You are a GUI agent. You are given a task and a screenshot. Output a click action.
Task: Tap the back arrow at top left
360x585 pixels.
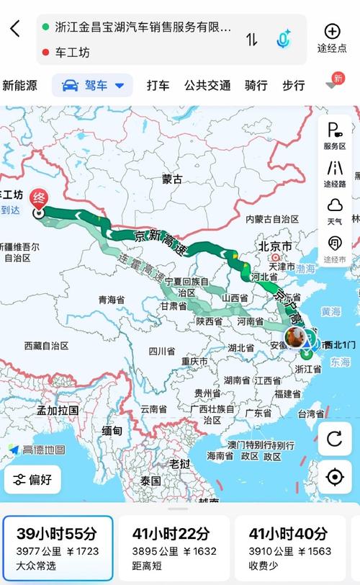click(x=15, y=30)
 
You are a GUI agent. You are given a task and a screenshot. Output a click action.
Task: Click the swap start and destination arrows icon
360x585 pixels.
click(x=251, y=40)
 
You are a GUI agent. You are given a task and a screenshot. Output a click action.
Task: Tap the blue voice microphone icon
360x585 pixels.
click(x=283, y=39)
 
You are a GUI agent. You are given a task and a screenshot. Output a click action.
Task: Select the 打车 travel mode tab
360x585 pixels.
click(x=158, y=86)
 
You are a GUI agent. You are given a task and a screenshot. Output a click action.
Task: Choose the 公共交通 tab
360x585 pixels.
click(x=207, y=86)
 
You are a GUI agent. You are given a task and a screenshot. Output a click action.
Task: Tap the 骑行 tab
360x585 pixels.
click(x=256, y=86)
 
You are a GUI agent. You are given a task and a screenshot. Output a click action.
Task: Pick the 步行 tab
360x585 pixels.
click(x=293, y=86)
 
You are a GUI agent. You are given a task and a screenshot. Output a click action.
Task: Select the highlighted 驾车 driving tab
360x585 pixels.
click(x=93, y=86)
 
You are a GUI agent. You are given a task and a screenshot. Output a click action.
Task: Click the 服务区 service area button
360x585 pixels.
click(x=335, y=135)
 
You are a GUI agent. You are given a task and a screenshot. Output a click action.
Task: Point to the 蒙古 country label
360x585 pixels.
click(x=172, y=179)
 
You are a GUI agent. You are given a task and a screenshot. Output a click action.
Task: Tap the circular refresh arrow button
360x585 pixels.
click(x=335, y=439)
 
